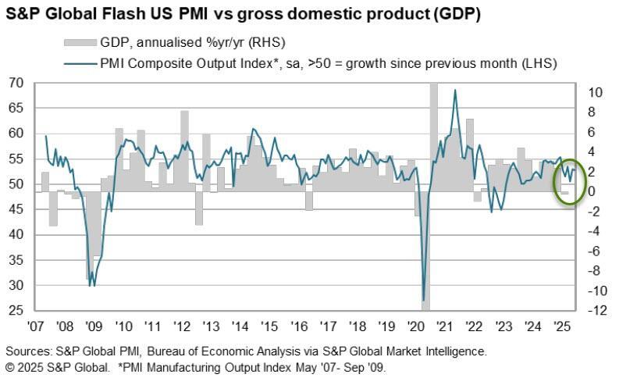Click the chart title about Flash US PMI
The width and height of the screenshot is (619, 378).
[242, 14]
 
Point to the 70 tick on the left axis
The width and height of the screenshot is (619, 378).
[16, 83]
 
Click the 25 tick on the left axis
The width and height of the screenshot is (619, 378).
[16, 311]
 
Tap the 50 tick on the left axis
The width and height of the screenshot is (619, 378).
[16, 184]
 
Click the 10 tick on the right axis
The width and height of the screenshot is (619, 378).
[595, 92]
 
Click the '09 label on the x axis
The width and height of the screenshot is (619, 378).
[93, 325]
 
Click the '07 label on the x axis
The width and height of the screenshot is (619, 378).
[35, 325]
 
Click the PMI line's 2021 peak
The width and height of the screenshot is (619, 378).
[454, 91]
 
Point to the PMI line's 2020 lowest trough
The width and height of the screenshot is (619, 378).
[424, 300]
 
